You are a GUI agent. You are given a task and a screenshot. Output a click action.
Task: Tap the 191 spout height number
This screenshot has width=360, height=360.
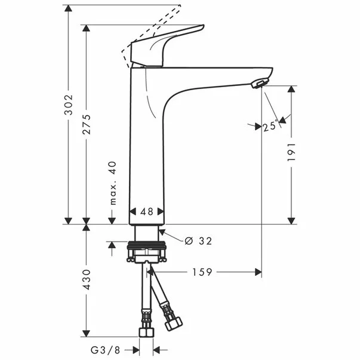coord(292,152)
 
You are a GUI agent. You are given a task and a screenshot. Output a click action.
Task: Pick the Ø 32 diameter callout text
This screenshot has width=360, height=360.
coord(198,241)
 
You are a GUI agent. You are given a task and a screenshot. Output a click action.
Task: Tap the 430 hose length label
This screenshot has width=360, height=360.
coord(87,279)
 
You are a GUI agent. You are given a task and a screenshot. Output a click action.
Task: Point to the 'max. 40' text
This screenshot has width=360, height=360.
coord(112,183)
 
